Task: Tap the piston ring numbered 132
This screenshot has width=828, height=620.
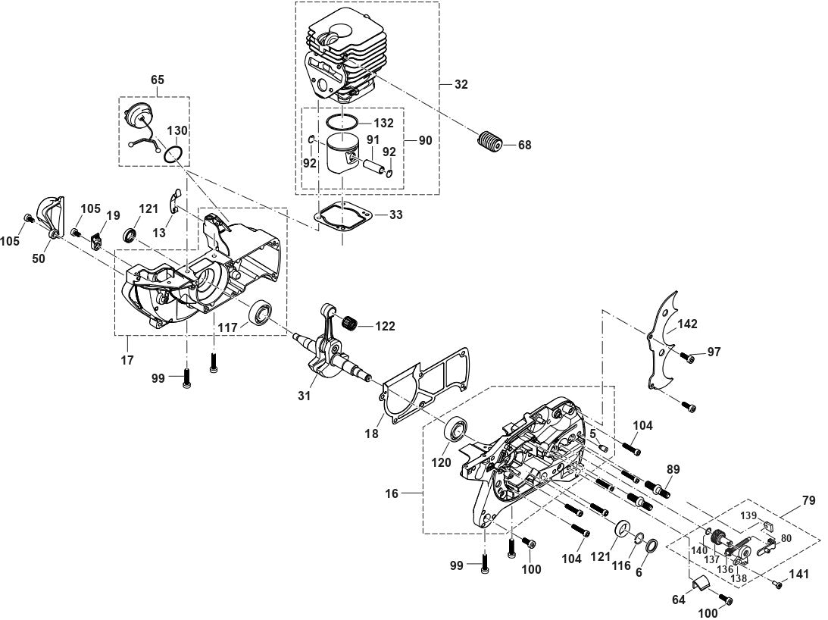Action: click(341, 121)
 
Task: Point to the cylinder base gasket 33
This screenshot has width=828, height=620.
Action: click(343, 218)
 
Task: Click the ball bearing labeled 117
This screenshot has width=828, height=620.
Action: click(260, 312)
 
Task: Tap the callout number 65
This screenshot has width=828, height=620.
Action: click(157, 80)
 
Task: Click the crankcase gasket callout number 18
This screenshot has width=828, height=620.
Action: click(371, 434)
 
